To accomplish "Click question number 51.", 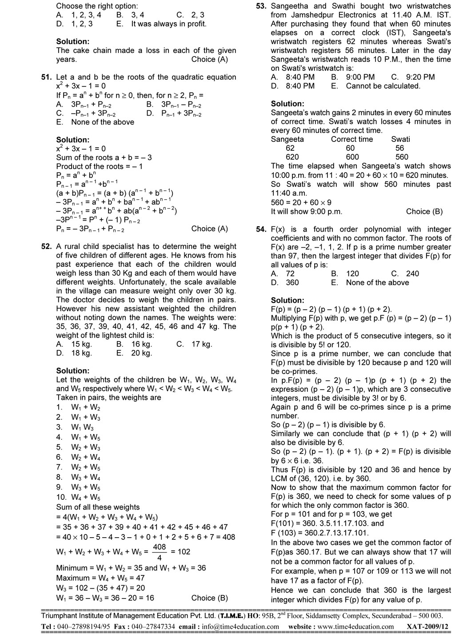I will pos(46,77).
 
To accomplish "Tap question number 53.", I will pos(261,6).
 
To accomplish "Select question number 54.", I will pos(261,229).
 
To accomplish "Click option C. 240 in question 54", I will pos(405,273).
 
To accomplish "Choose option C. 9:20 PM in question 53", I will pos(413,77).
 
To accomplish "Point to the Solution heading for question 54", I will pos(287,300).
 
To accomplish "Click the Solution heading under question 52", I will pos(73,370).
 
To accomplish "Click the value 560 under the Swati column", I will pos(401,157).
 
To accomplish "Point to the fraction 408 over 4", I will pos(159,551).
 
